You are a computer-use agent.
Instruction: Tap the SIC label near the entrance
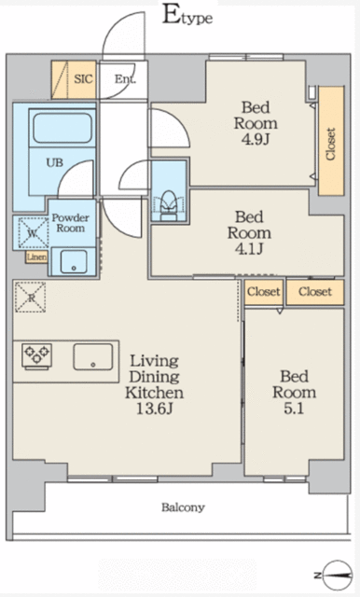tap(84, 79)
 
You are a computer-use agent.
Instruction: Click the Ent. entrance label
tap(124, 80)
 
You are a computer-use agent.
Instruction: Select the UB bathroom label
tap(56, 160)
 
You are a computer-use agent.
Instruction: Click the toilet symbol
tap(170, 201)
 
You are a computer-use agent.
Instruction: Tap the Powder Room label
tap(70, 222)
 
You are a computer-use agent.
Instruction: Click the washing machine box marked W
tap(32, 232)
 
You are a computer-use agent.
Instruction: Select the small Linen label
tap(36, 257)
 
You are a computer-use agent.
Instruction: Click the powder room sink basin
tap(75, 261)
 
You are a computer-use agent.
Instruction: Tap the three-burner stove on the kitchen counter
tap(36, 355)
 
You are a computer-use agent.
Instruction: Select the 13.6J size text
tap(148, 410)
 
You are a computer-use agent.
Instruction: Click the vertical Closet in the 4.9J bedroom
tap(330, 145)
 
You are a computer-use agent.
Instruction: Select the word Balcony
tap(183, 507)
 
